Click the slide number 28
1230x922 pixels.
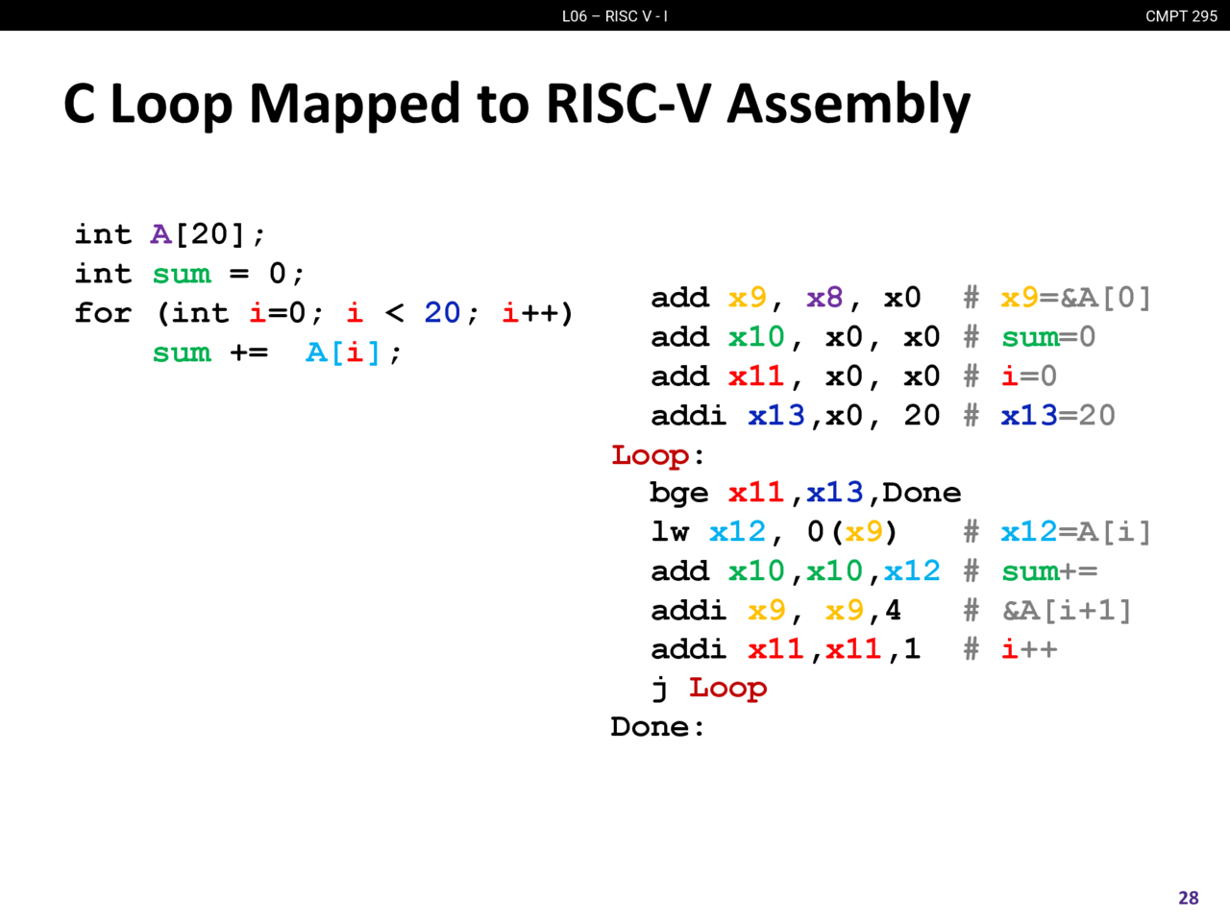point(1188,897)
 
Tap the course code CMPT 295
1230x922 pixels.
point(1181,16)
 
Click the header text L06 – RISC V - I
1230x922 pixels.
point(615,16)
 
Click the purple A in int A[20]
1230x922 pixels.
point(160,234)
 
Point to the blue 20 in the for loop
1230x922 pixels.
point(442,312)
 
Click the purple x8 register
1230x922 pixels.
point(824,298)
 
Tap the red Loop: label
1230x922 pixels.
point(657,455)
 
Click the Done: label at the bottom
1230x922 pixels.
point(657,727)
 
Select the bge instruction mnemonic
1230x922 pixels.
point(679,494)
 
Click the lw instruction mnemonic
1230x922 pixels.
point(670,531)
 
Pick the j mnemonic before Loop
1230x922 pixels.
point(660,689)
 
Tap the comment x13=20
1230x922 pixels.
point(1058,415)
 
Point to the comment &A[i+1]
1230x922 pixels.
point(1067,610)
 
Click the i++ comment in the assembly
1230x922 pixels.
point(1029,649)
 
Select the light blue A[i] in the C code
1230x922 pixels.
point(343,352)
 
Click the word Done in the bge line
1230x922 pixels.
point(922,494)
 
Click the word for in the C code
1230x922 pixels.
point(103,312)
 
